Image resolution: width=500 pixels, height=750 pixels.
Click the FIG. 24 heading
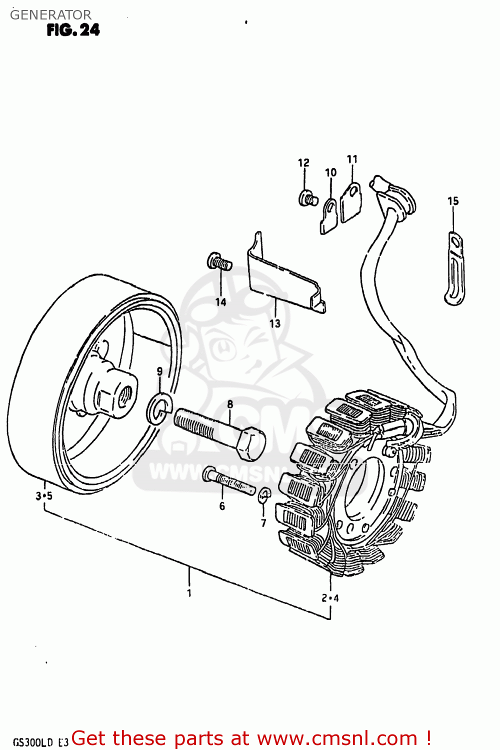tap(73, 30)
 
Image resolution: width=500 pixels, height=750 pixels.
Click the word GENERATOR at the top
tap(50, 14)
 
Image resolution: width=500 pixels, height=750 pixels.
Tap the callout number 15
tap(453, 201)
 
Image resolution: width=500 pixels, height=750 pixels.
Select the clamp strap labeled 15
tap(455, 270)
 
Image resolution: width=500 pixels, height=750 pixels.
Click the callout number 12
tap(303, 163)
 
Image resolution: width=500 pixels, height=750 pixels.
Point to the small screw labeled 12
tap(307, 198)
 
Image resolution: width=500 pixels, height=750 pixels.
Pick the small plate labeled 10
tap(329, 215)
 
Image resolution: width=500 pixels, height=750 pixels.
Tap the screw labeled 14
tap(219, 261)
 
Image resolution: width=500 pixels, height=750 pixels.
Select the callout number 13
tap(275, 323)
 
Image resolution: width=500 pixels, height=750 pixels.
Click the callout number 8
tap(230, 404)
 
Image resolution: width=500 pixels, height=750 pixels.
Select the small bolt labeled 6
tap(229, 480)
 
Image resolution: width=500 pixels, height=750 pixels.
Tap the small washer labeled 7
tap(264, 496)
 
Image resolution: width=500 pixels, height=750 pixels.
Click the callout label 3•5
tap(44, 496)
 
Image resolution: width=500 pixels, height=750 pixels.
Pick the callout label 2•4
tap(330, 598)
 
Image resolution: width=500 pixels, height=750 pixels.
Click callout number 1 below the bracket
tap(189, 593)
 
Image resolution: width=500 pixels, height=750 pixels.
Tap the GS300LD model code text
tap(33, 742)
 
